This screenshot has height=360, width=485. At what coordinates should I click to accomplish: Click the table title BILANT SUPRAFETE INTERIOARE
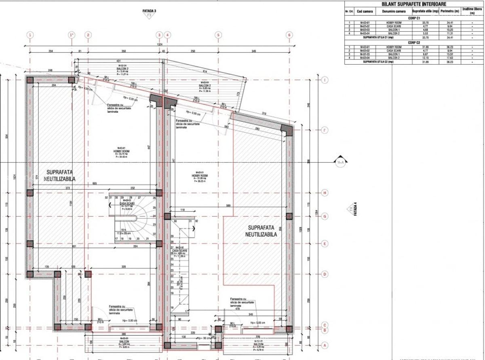tap(408, 4)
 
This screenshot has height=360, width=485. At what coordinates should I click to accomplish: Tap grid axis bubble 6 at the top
tap(289, 35)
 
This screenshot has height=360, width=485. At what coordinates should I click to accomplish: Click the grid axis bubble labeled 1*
tap(72, 35)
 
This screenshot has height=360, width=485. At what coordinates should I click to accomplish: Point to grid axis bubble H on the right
tap(325, 193)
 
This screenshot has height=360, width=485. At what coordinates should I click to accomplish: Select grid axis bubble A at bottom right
tap(325, 345)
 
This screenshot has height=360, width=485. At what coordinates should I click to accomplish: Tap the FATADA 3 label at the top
tap(150, 11)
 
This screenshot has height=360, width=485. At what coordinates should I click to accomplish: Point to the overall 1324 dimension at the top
tap(160, 45)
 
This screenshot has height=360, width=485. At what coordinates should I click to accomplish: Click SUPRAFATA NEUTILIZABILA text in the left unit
tap(57, 175)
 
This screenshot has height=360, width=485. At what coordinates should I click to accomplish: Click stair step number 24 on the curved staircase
tap(154, 216)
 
